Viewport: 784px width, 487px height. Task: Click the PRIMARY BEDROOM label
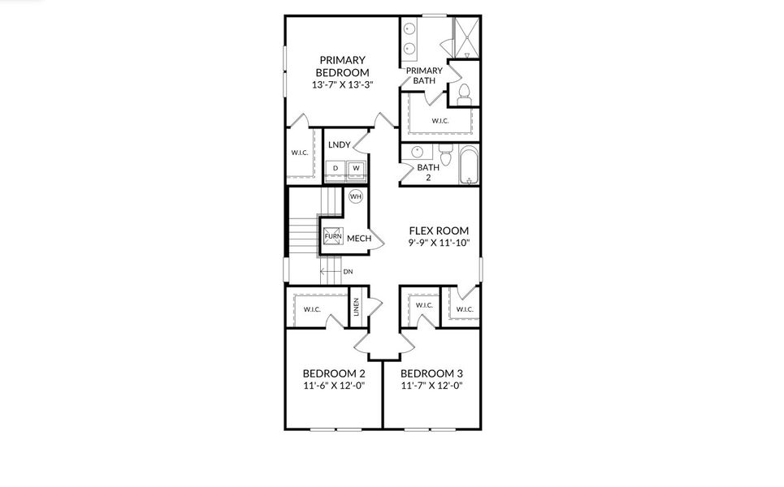342,66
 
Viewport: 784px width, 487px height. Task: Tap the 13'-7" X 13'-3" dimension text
342,84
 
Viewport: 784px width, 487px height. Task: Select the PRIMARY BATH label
424,75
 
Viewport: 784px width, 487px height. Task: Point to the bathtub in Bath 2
469,164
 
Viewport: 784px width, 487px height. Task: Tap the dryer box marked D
336,169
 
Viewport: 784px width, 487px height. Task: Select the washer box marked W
356,169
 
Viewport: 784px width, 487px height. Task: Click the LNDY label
340,145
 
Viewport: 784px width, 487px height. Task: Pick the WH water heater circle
355,196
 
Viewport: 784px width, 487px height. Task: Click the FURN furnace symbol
333,236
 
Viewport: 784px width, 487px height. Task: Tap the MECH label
359,239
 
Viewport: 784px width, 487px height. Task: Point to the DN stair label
348,272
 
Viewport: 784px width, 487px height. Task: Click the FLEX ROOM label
439,231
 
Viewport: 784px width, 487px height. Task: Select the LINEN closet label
356,308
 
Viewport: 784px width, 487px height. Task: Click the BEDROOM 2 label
334,373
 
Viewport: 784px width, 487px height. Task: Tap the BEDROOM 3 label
431,373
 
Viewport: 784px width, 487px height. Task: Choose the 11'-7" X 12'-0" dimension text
431,386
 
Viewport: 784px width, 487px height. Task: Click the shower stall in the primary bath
466,36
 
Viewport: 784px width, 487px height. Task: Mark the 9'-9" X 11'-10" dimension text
439,243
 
